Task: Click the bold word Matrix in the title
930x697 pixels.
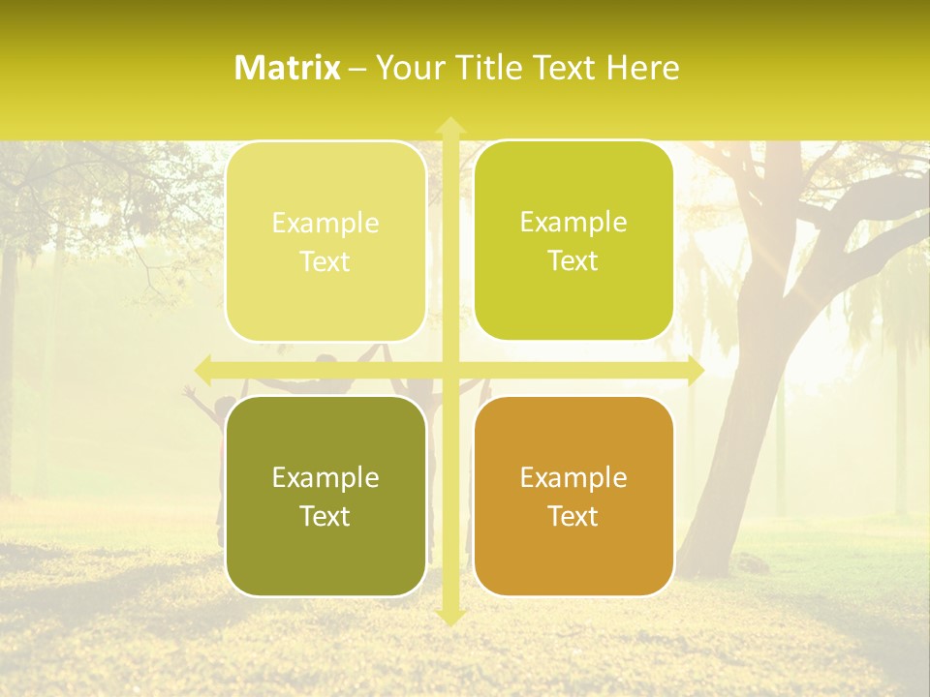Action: point(288,68)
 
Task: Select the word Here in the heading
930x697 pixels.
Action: point(644,68)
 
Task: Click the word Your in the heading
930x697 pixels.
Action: point(408,68)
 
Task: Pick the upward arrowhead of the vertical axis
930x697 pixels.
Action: point(449,126)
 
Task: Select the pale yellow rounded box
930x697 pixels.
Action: point(325,241)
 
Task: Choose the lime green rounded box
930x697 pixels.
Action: point(573,241)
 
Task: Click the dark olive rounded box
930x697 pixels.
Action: point(325,496)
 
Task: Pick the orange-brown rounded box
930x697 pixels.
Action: point(573,496)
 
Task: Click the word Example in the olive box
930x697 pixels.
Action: point(325,477)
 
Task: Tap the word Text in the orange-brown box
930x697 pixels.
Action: point(573,516)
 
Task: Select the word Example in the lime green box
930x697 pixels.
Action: point(573,222)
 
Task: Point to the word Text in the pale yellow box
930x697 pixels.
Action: point(325,261)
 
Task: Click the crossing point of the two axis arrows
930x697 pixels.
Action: point(449,370)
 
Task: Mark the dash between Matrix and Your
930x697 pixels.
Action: point(357,69)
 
